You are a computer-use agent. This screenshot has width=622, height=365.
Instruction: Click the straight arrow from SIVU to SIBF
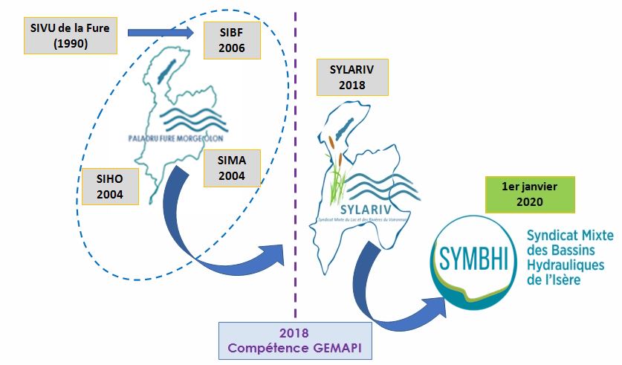(161, 32)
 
